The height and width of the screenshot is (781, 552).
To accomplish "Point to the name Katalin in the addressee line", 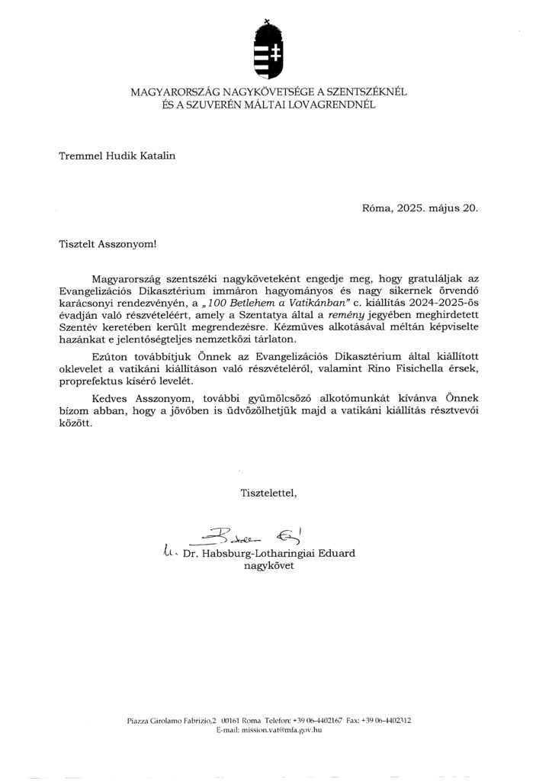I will [x=157, y=157].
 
